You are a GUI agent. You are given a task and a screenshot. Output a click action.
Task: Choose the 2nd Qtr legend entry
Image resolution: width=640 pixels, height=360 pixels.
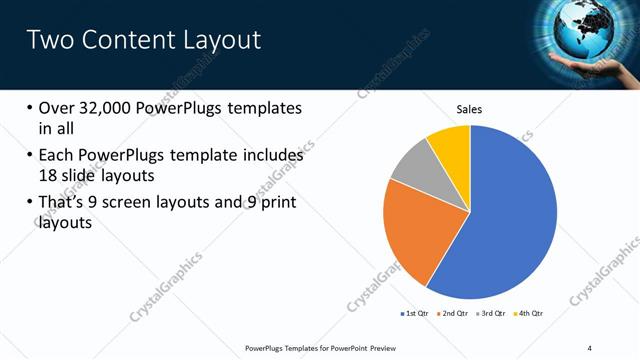(x=453, y=314)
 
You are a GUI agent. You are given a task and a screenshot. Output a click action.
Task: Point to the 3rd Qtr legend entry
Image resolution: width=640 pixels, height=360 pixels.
(x=493, y=314)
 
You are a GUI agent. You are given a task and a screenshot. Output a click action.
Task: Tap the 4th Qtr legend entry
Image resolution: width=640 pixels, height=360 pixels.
(x=529, y=314)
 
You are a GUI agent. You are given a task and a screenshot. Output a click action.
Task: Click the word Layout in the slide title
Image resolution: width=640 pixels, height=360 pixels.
(x=216, y=40)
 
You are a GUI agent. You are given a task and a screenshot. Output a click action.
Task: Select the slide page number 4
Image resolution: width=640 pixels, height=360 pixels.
(x=590, y=347)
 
